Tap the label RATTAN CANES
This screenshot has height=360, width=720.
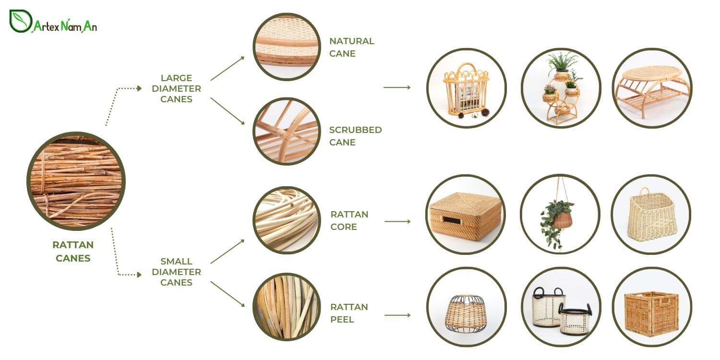click(73, 252)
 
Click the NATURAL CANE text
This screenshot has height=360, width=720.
click(351, 47)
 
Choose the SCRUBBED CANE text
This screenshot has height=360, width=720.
click(355, 136)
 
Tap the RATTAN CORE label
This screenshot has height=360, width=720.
click(349, 220)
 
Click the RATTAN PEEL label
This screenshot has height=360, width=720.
click(349, 313)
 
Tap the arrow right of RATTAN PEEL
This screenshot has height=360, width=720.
click(397, 315)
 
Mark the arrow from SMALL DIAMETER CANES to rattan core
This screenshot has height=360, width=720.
click(227, 251)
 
